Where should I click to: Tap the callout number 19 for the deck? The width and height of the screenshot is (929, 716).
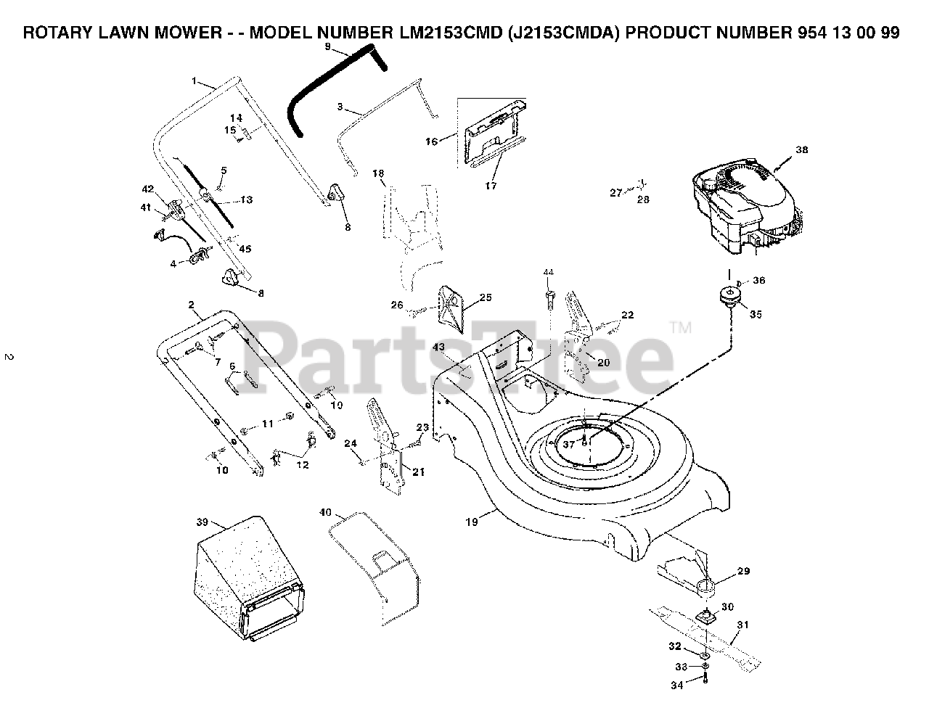472,522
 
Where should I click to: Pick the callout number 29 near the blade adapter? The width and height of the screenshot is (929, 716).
743,572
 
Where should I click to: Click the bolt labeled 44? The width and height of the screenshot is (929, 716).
549,297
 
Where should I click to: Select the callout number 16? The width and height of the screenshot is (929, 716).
432,141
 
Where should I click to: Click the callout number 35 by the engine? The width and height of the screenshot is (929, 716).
756,315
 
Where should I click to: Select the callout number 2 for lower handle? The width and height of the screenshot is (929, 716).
190,305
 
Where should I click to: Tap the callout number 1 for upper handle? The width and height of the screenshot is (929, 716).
194,81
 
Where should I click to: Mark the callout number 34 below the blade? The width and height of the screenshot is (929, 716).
676,683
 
